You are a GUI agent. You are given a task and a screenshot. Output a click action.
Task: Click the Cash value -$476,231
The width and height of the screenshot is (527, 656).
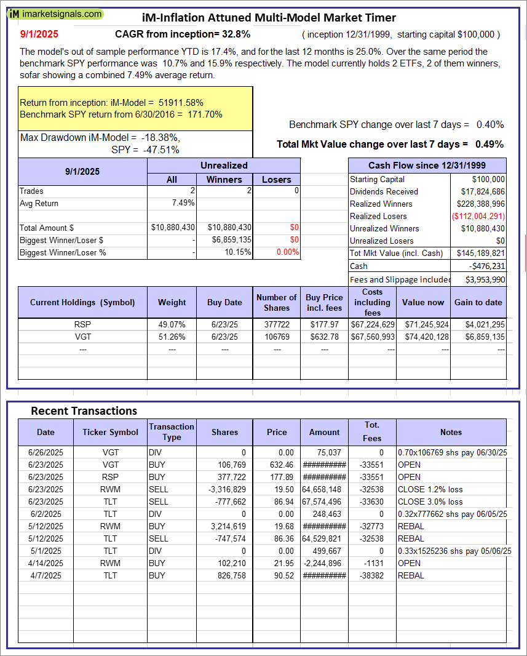point(488,266)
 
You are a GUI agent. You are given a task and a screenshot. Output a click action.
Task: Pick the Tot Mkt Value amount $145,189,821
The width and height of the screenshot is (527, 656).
point(479,253)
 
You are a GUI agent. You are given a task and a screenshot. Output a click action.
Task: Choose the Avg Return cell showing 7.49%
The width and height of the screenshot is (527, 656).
point(184,203)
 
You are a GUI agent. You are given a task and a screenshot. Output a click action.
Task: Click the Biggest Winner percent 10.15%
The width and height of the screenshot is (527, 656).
point(237,252)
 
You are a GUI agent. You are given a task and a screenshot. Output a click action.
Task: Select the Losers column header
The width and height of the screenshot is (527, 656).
point(277,179)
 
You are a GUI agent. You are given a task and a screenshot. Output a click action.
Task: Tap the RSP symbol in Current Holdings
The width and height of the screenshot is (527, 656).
point(82,324)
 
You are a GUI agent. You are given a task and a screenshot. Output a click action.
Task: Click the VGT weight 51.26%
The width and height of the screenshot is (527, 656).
point(172,336)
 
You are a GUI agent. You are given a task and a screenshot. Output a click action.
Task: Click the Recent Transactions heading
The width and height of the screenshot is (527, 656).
point(84,410)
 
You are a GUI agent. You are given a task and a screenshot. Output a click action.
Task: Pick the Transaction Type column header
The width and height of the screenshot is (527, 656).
point(172,431)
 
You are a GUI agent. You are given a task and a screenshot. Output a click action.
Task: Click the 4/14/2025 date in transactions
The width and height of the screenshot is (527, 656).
point(46,563)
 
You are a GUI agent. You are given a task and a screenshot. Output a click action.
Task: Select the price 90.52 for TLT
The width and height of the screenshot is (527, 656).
point(277,575)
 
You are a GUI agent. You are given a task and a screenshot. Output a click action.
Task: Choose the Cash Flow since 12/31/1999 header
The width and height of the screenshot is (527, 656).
point(427,166)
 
